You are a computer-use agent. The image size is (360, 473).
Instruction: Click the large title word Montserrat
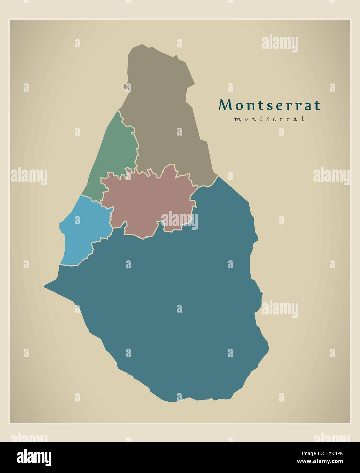[x=269, y=105]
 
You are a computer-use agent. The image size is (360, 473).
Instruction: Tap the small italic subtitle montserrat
[x=269, y=119]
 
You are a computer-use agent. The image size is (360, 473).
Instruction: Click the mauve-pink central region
[x=146, y=201]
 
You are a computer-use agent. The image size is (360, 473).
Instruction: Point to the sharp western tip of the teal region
[x=45, y=287]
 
